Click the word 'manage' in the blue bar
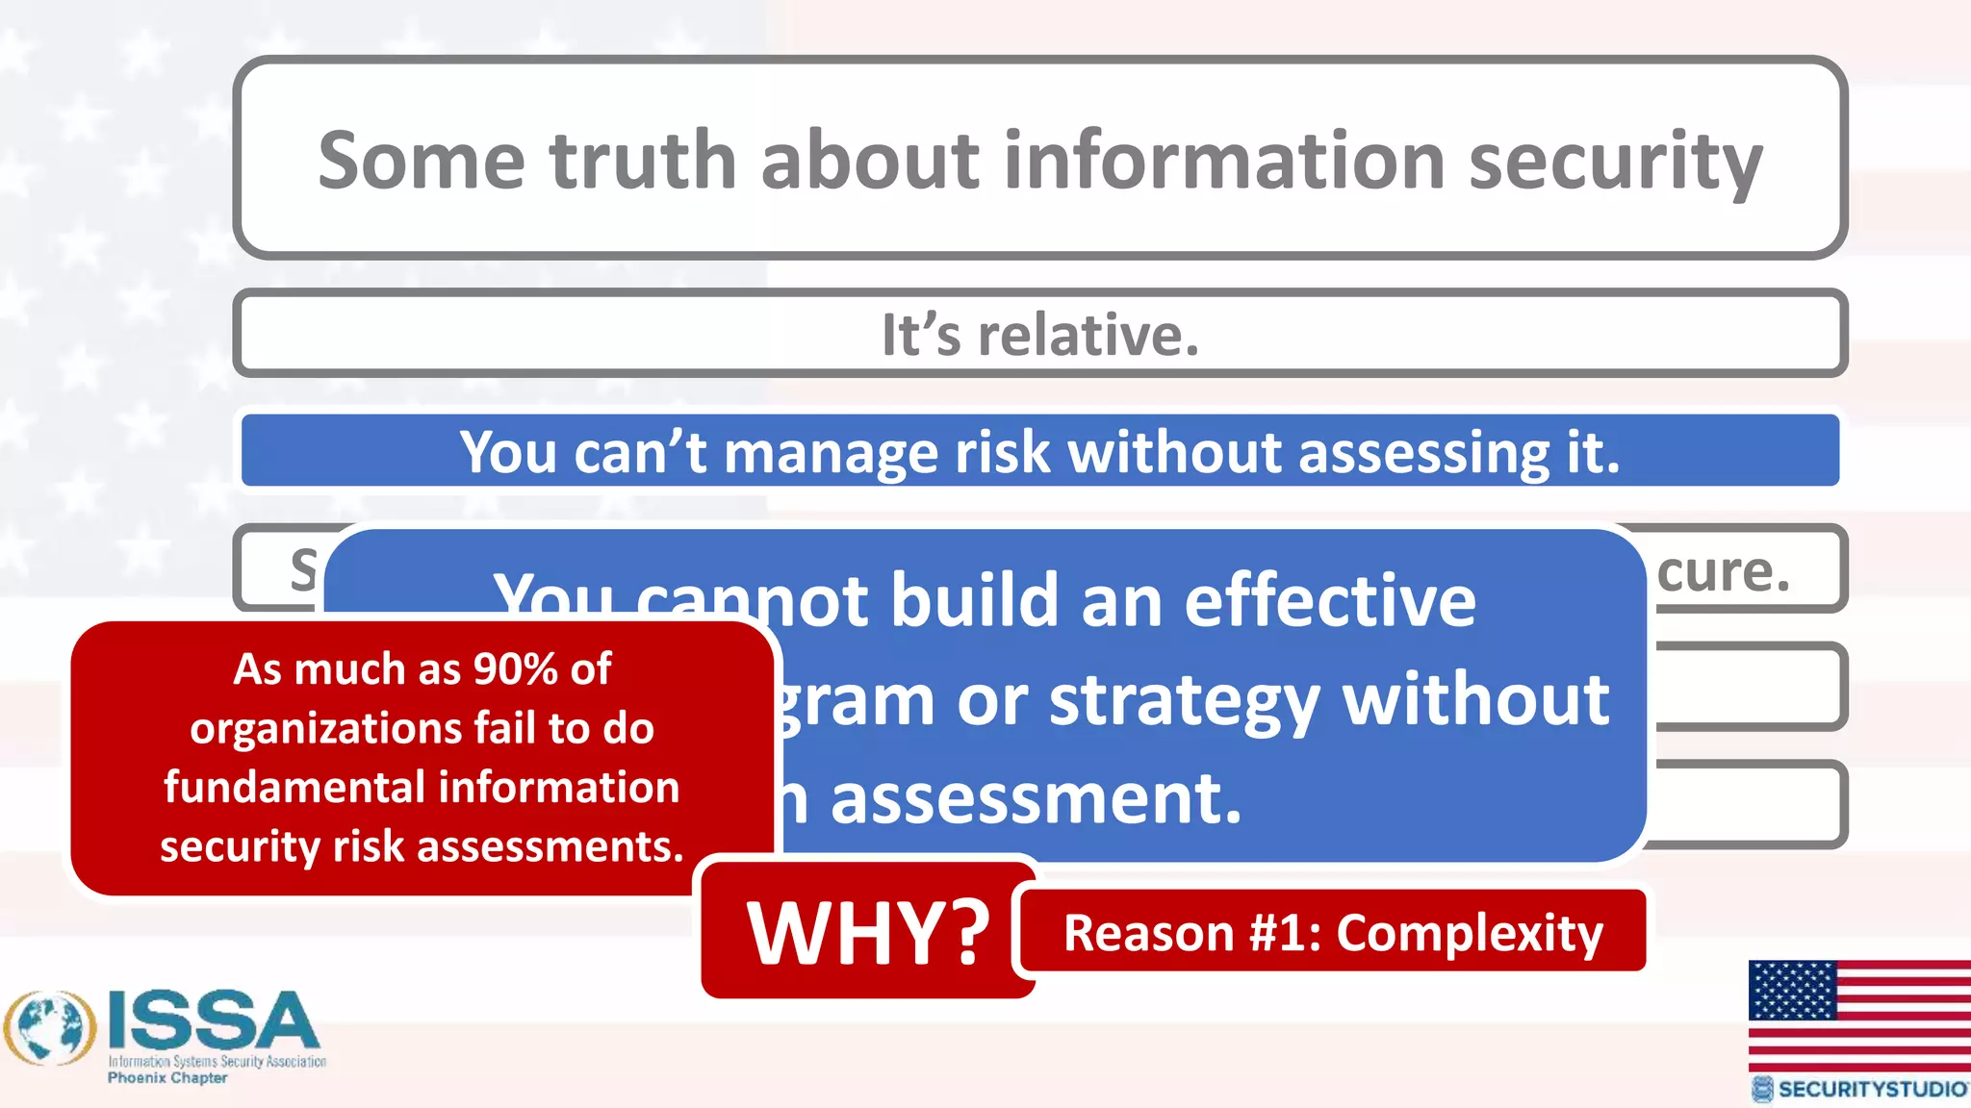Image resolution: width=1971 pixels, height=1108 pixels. (829, 452)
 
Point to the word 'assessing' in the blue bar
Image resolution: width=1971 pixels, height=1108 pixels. (1423, 452)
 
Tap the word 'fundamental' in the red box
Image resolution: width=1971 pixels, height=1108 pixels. (294, 787)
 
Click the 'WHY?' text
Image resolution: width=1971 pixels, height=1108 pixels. (868, 932)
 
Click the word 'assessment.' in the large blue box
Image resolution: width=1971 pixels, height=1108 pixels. (1036, 799)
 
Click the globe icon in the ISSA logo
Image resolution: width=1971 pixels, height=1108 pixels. (50, 1028)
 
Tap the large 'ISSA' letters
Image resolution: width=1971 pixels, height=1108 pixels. (213, 1020)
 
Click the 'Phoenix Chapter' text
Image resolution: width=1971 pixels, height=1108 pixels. (167, 1078)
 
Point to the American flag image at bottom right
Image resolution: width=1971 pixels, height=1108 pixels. (1858, 1015)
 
